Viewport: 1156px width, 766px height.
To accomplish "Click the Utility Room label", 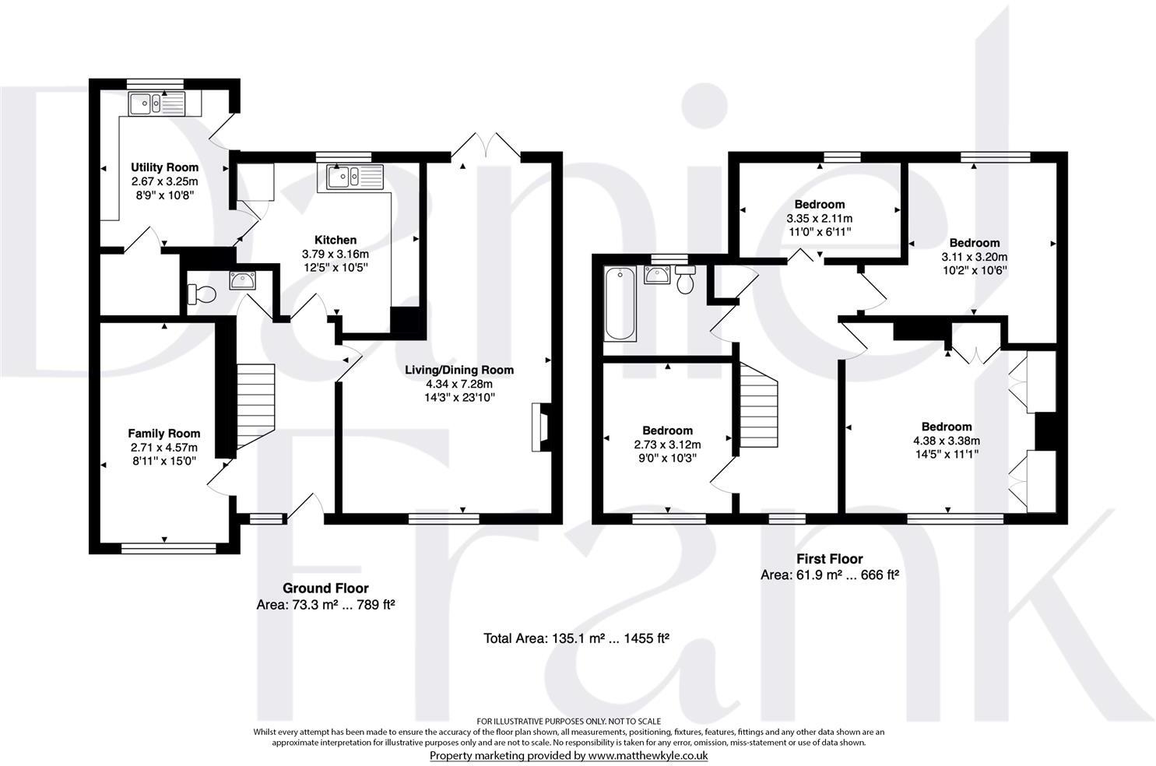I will pyautogui.click(x=164, y=167).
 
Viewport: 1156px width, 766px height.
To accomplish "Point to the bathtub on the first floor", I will pyautogui.click(x=620, y=304).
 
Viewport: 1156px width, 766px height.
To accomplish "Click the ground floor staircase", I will pyautogui.click(x=256, y=406).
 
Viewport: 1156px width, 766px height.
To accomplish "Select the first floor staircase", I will pyautogui.click(x=758, y=406).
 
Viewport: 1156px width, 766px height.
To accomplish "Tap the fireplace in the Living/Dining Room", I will pyautogui.click(x=539, y=427).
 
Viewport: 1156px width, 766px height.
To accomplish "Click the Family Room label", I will pyautogui.click(x=164, y=434).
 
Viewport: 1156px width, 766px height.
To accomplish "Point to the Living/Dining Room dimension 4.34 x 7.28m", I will pyautogui.click(x=459, y=384).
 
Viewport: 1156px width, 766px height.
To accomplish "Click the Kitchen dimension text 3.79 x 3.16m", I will pyautogui.click(x=336, y=254).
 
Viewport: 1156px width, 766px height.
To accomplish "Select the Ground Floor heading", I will pyautogui.click(x=325, y=589).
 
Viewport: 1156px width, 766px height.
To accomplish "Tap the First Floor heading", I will pyautogui.click(x=829, y=559).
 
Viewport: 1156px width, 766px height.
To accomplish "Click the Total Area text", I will pyautogui.click(x=577, y=639).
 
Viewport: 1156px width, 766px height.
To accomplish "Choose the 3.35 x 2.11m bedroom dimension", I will pyautogui.click(x=819, y=219).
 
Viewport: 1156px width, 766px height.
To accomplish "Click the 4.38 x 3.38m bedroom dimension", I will pyautogui.click(x=947, y=439).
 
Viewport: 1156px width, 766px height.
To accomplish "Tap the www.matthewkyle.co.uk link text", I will pyautogui.click(x=648, y=756).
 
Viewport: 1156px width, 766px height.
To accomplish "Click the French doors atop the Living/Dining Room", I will pyautogui.click(x=486, y=146).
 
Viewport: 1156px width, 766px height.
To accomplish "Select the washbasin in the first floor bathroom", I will pyautogui.click(x=656, y=275).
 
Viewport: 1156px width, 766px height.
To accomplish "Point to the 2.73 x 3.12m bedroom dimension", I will pyautogui.click(x=667, y=444).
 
